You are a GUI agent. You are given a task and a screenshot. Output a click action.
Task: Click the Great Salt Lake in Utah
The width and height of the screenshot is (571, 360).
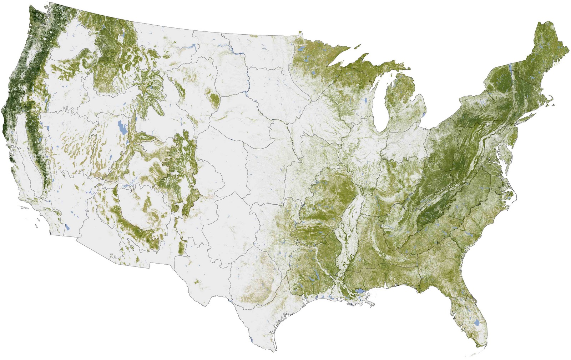[122, 127]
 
